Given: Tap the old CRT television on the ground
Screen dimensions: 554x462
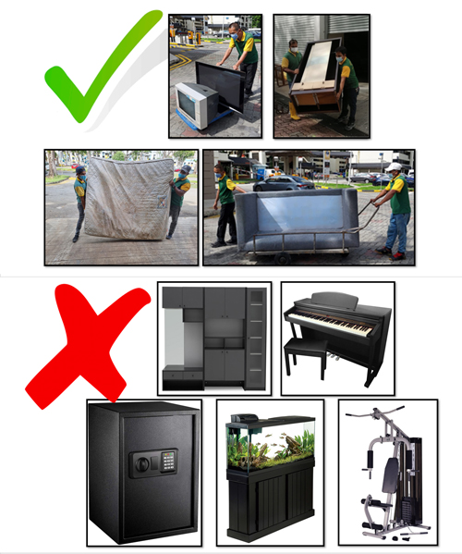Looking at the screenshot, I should [x=196, y=105].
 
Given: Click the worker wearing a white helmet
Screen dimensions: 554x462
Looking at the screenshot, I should [x=395, y=205].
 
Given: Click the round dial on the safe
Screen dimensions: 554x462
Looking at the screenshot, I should [x=141, y=460].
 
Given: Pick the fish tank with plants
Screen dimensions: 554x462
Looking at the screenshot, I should [x=270, y=447].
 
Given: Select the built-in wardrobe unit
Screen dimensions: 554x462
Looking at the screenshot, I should [x=213, y=338].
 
